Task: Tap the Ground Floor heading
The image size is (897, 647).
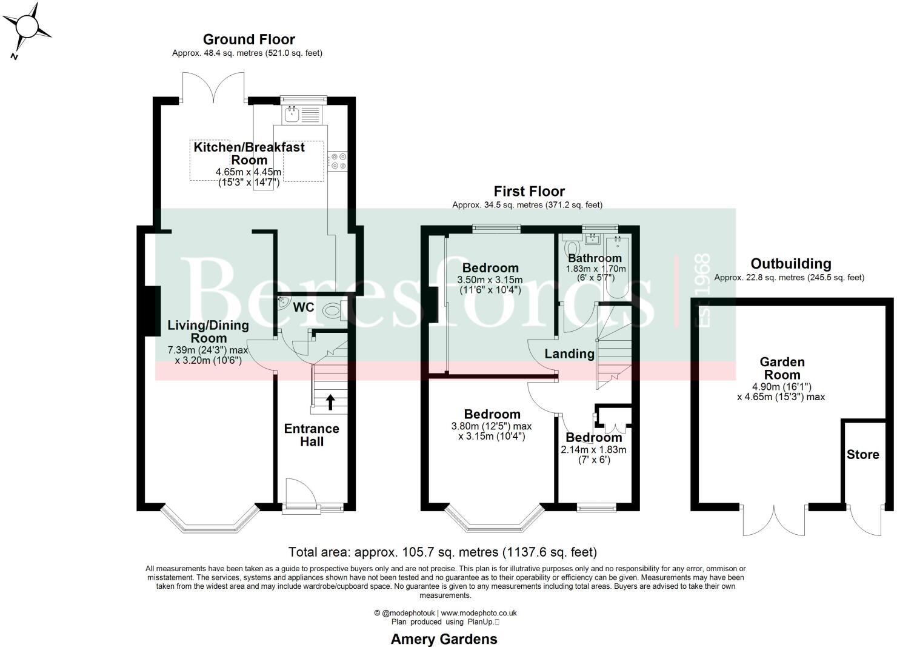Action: click(x=248, y=39)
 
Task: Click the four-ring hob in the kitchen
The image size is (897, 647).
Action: click(x=338, y=161)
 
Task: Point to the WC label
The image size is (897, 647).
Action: click(x=304, y=307)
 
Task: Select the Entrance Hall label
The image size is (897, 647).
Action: click(x=312, y=435)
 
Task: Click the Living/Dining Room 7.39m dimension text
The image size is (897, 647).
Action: click(x=208, y=350)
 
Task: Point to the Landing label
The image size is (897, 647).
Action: click(x=569, y=354)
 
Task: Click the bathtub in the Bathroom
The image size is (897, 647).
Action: click(x=618, y=267)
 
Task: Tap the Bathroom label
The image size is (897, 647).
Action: click(x=595, y=258)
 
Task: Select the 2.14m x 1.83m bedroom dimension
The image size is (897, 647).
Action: click(x=593, y=450)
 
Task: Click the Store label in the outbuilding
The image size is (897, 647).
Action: click(x=862, y=455)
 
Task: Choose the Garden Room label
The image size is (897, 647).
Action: click(x=782, y=368)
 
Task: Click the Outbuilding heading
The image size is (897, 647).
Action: click(x=790, y=264)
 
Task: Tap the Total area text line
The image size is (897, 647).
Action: click(x=442, y=552)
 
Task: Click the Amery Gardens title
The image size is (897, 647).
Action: click(x=444, y=639)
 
